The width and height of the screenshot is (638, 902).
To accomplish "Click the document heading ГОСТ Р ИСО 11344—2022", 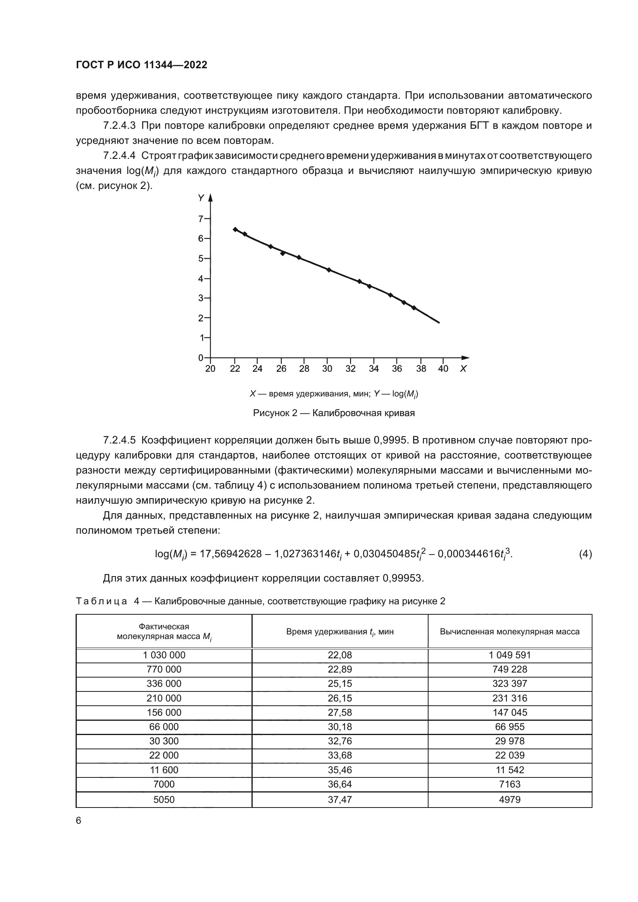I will click(142, 65).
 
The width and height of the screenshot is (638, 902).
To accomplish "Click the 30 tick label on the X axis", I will click(327, 369).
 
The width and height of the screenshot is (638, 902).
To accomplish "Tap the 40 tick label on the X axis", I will click(443, 369).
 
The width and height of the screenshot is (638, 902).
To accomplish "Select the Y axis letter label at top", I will click(201, 198).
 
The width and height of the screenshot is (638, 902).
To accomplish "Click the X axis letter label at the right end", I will click(463, 369).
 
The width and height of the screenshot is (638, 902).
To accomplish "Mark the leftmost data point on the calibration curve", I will click(235, 229).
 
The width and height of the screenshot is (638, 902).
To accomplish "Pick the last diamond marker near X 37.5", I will click(414, 308).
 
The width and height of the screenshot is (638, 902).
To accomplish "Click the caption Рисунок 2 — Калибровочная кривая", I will click(334, 413).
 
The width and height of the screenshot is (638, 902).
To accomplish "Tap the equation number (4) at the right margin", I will click(585, 554).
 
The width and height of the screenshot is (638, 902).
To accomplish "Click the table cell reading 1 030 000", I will click(164, 655).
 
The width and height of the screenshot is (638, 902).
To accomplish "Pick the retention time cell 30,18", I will click(340, 727).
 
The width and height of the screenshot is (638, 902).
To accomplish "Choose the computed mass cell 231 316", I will click(510, 698).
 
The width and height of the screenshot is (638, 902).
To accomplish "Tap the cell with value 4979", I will click(510, 799).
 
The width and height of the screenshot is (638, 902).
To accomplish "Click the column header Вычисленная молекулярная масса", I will click(510, 632).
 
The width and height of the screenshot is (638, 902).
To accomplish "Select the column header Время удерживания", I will click(340, 632).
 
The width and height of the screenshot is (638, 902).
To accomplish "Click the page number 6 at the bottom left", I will click(79, 821).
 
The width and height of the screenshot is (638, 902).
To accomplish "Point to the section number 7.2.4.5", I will click(119, 440).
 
